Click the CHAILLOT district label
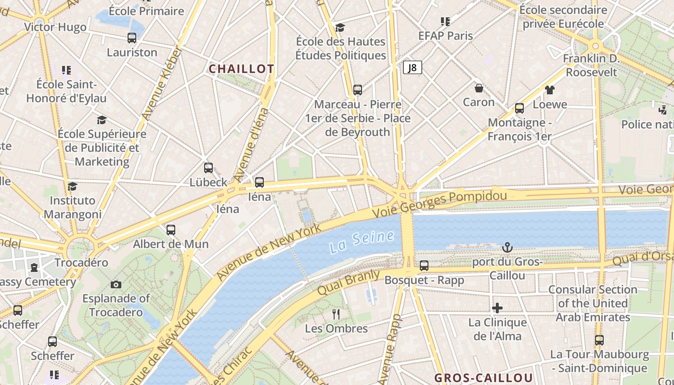pos(241,69)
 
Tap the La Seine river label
pos(362,242)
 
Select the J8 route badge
pos(412,68)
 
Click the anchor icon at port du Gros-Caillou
pos(507,247)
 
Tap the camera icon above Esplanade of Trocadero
pos(116,284)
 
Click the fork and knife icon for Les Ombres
pos(336,314)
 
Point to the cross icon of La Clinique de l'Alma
pos(497,308)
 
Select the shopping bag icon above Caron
pos(479,88)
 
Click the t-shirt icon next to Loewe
pos(549,90)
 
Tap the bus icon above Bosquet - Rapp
pos(424,265)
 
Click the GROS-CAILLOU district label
pos(483,378)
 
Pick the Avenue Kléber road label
pos(162,83)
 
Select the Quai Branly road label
pos(349,282)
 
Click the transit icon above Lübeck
pos(208,168)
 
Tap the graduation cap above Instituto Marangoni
pos(72,186)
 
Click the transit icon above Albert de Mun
pos(170,230)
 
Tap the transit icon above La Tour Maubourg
pos(599,340)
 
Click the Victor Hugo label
pos(55,27)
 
